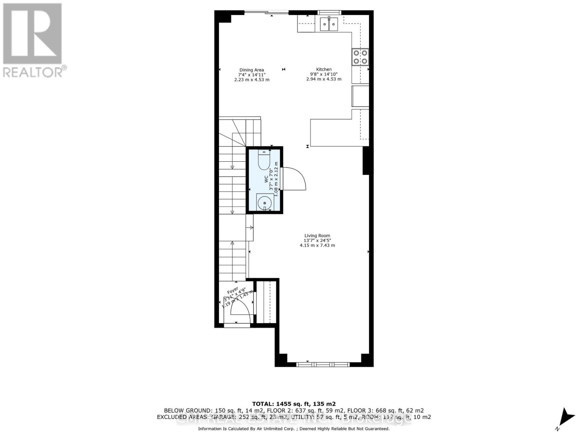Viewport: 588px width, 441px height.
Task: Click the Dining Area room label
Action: tap(252, 70)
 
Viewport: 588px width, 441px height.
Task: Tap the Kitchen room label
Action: tap(324, 69)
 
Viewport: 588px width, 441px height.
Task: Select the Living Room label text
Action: tap(317, 236)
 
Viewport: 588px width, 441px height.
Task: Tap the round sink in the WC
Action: tap(264, 202)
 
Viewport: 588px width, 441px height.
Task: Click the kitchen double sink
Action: tap(329, 25)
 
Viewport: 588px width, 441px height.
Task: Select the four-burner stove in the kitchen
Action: tap(360, 57)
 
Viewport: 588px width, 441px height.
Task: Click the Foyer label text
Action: tap(233, 291)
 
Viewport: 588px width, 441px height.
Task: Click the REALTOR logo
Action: tap(33, 40)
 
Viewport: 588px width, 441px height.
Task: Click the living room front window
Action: tap(323, 364)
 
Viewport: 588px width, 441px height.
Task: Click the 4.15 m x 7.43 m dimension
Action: tap(317, 245)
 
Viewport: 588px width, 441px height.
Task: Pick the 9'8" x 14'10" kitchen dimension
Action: tap(324, 74)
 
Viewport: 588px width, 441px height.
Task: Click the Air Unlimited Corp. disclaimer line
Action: tap(294, 429)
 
